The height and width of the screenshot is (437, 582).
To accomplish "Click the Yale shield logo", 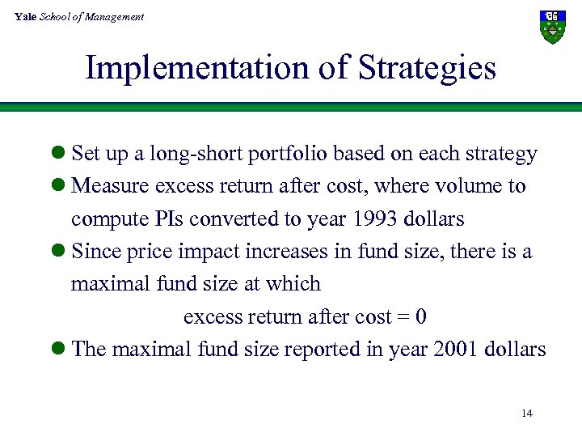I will (552, 27).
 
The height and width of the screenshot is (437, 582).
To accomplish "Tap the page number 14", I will (526, 414).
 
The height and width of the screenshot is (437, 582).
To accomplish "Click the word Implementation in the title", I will (191, 68).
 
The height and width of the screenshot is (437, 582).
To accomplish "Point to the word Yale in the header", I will (25, 16).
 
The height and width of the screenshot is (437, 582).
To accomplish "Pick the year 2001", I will (455, 350).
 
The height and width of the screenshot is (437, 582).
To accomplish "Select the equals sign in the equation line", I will (403, 317).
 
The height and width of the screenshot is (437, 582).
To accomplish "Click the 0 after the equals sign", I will (420, 316).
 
